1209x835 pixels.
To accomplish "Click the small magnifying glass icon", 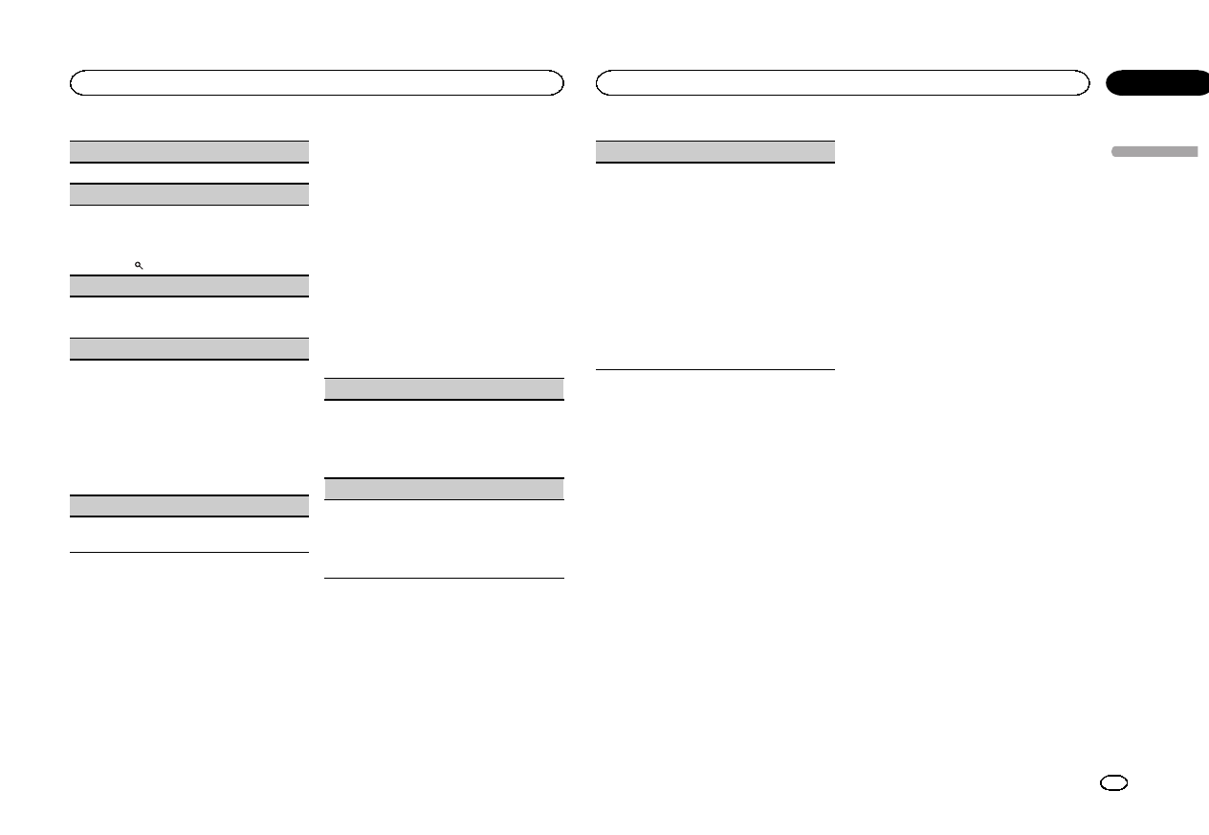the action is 139,265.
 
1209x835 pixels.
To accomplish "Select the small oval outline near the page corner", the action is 1113,782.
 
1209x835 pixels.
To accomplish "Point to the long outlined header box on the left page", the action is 316,82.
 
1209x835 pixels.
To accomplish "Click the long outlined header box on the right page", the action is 843,82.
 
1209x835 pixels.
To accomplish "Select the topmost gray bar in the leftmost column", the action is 189,151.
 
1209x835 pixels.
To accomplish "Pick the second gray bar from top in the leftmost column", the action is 189,193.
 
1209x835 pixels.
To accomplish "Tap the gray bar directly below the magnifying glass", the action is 189,285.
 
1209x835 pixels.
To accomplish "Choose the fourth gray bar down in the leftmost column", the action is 189,348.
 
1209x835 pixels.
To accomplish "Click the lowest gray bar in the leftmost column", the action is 189,506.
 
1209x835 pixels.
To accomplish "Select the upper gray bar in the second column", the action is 444,388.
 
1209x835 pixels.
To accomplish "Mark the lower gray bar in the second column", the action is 444,488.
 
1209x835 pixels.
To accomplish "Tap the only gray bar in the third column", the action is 715,151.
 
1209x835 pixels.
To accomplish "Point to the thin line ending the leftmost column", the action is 189,552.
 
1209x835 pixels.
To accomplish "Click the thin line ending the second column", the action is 444,578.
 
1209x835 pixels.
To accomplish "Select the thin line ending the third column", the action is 715,369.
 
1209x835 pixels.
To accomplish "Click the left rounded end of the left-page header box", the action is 75,82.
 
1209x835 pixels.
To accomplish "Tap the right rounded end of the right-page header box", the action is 1084,82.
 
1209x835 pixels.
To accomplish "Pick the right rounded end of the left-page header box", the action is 558,82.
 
